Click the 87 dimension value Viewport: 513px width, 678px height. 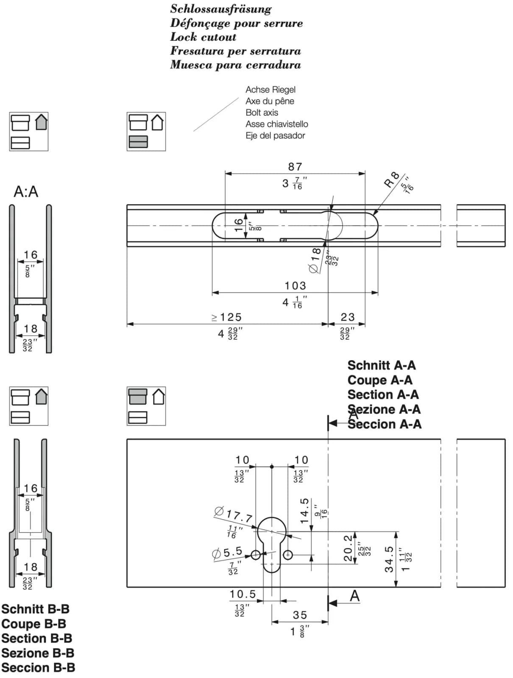click(x=295, y=167)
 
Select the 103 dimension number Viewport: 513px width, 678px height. click(x=295, y=286)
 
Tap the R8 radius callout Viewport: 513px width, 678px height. click(x=392, y=180)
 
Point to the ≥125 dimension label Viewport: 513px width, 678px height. click(x=226, y=317)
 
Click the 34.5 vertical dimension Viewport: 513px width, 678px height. click(x=389, y=559)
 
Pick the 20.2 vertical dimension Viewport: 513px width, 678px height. click(x=348, y=548)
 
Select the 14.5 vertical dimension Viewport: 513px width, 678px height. click(x=304, y=511)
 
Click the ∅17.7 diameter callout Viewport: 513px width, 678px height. click(x=234, y=514)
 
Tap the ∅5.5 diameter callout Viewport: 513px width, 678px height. click(x=227, y=552)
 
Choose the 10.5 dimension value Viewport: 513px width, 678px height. click(x=243, y=594)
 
